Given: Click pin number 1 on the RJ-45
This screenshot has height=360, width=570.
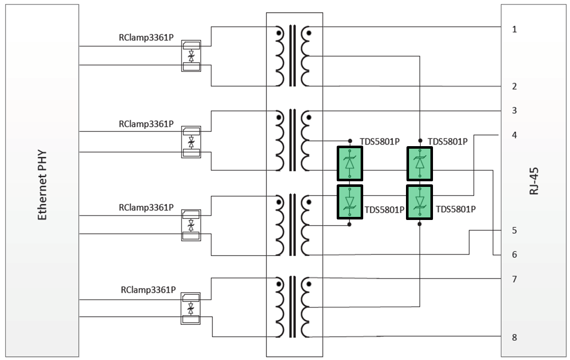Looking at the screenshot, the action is point(514,30).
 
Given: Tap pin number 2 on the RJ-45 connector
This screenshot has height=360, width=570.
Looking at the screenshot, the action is point(514,87).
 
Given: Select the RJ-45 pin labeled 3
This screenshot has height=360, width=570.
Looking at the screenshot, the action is point(514,110).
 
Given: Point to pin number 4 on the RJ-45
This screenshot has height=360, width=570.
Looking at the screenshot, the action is point(514,135).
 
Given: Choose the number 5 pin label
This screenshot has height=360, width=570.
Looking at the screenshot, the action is point(514,230).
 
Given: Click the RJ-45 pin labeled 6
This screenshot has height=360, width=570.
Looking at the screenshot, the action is point(514,255).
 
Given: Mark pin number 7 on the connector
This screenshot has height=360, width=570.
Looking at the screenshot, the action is point(514,280).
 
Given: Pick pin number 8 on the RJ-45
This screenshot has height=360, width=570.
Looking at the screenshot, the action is point(514,338).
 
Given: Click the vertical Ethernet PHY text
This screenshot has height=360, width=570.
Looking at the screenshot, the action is point(42,185).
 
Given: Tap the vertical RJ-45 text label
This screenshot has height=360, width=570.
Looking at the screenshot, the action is point(534,181).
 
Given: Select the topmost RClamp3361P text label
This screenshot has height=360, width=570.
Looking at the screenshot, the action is point(146,37).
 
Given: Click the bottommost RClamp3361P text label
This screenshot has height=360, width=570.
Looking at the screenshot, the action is point(148,290).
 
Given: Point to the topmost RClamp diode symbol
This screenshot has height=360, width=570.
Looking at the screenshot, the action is point(191,56).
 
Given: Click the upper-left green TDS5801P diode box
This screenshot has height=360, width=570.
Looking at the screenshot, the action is point(350,163).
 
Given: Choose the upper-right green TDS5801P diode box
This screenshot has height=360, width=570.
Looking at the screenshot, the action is point(420,163).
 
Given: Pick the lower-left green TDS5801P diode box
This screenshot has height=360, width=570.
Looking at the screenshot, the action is point(350,202).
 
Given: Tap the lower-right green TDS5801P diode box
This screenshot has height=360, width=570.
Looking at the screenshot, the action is point(420,202).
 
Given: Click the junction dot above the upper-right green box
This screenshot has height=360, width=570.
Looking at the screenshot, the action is point(420,141).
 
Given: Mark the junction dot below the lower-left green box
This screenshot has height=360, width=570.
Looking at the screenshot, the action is point(349,225).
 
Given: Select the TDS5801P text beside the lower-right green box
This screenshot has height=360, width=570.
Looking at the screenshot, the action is point(455,209).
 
